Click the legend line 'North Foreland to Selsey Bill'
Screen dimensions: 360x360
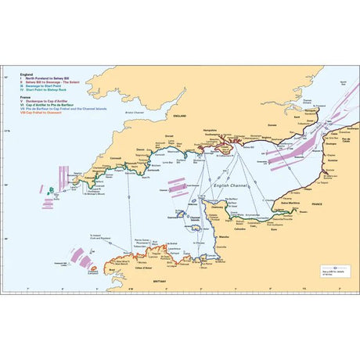[41, 79]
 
